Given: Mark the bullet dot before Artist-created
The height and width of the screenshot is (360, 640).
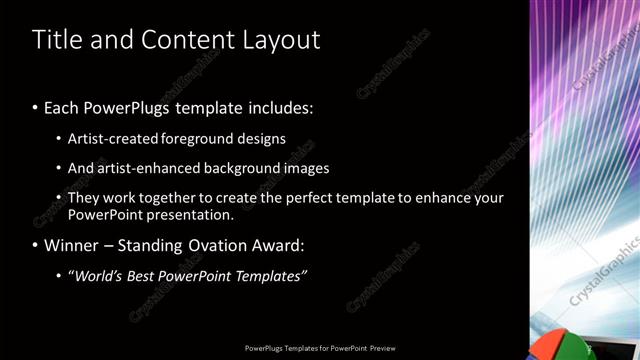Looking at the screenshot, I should (x=59, y=139).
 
